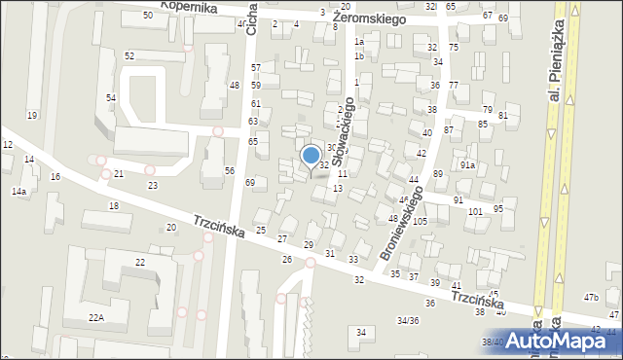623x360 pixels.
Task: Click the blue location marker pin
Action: [311, 156]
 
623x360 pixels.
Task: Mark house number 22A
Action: [95, 318]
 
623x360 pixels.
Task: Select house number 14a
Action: [18, 192]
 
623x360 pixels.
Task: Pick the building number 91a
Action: [468, 165]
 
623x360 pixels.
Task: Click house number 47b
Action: [591, 297]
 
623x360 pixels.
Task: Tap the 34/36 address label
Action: [408, 320]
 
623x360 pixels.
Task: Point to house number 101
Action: [475, 211]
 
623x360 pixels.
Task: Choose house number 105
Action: [420, 222]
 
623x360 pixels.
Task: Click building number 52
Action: [129, 56]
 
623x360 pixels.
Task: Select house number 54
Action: [111, 98]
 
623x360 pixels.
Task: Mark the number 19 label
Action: [32, 116]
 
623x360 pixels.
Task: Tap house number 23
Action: [152, 185]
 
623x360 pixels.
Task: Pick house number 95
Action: [498, 209]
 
